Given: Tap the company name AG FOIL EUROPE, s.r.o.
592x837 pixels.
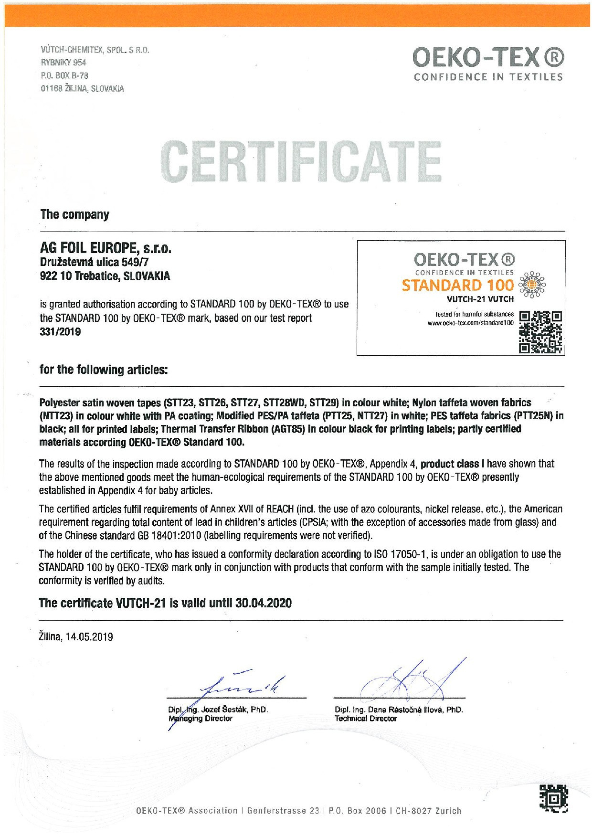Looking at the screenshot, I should point(105,248).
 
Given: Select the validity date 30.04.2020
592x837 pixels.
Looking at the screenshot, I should point(264,603).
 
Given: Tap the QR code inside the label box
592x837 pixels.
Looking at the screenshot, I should point(540,332).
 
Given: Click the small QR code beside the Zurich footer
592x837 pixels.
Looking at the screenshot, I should point(554,798).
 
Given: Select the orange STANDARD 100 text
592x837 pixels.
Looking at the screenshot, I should point(457,286).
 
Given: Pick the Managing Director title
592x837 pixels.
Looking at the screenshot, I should point(201,718).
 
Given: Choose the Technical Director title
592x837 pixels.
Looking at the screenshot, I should point(366,718).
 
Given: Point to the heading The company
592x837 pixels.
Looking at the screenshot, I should point(74,214).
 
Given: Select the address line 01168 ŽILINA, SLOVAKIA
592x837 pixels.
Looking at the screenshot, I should point(82,88).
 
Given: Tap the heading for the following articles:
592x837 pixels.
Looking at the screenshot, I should point(104,370).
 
